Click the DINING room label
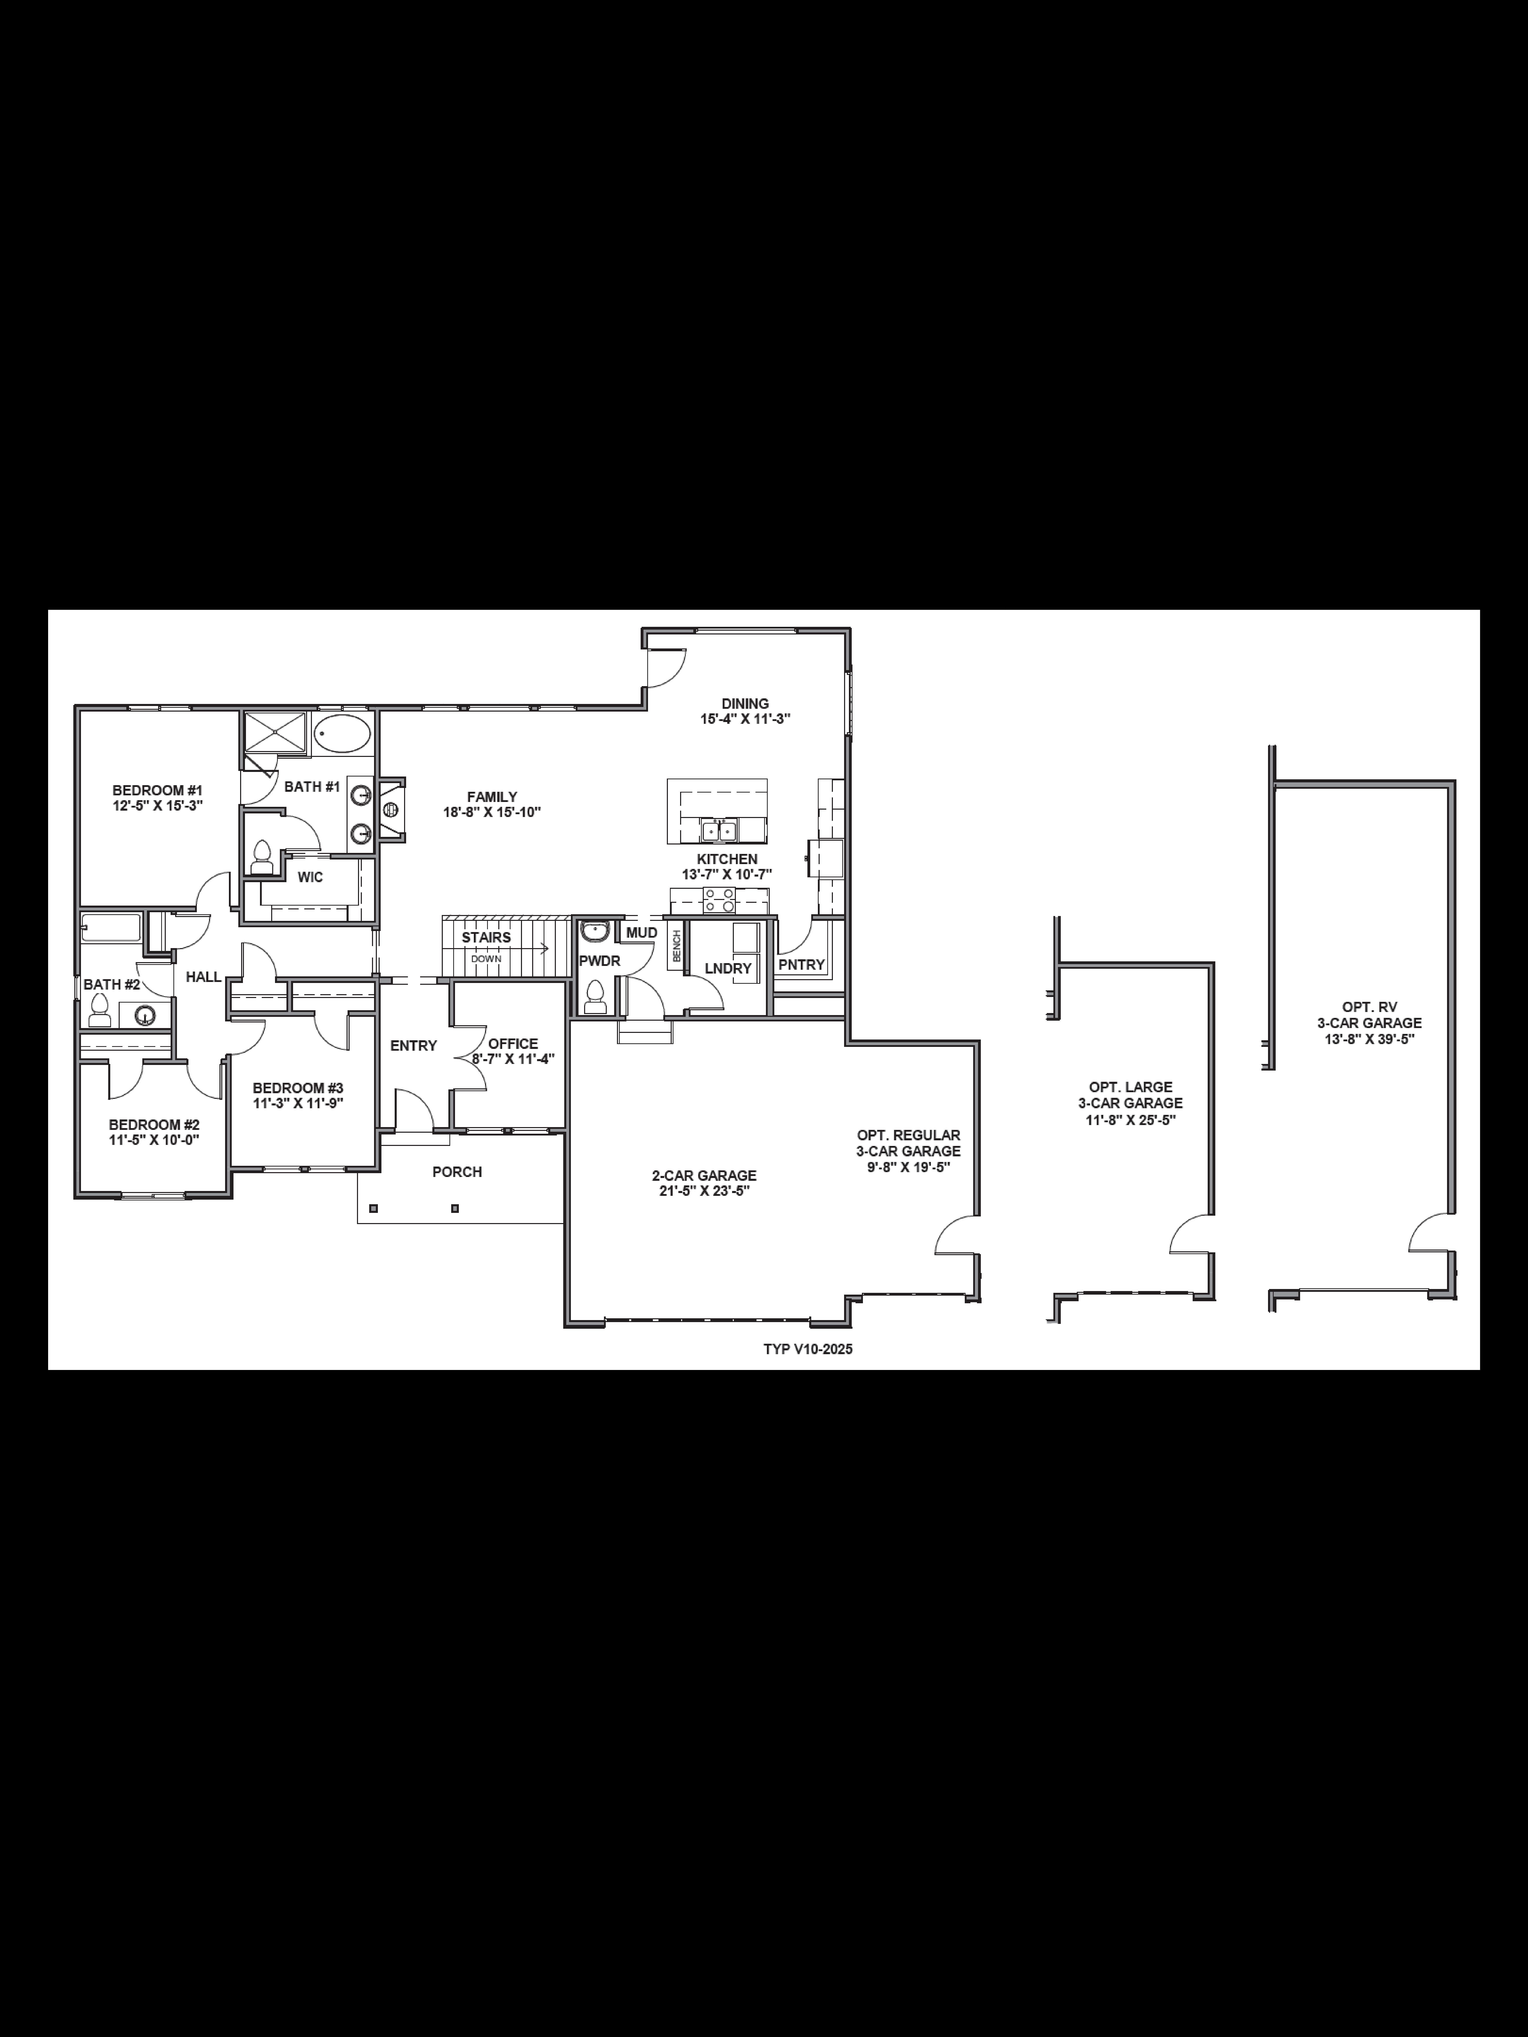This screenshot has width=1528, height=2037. pos(745,703)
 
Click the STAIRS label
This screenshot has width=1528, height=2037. pos(486,937)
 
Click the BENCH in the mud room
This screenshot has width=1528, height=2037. pos(676,946)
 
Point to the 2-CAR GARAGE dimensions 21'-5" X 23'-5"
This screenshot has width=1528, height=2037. pos(704,1191)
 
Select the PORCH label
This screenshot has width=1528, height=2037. pos(457,1171)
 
